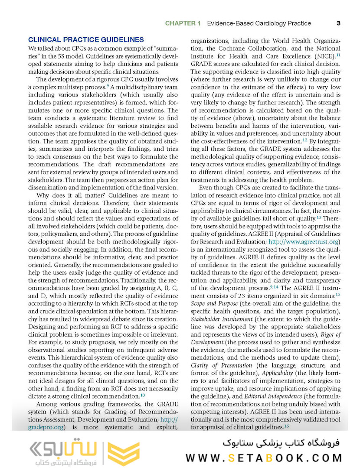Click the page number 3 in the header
click(338, 23)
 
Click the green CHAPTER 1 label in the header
click(183, 23)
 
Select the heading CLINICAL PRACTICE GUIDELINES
click(85, 40)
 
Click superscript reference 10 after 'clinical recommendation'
click(143, 395)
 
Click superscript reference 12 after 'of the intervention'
click(305, 140)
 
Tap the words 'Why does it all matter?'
click(71, 195)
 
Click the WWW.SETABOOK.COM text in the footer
click(264, 458)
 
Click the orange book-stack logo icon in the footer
click(123, 453)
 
